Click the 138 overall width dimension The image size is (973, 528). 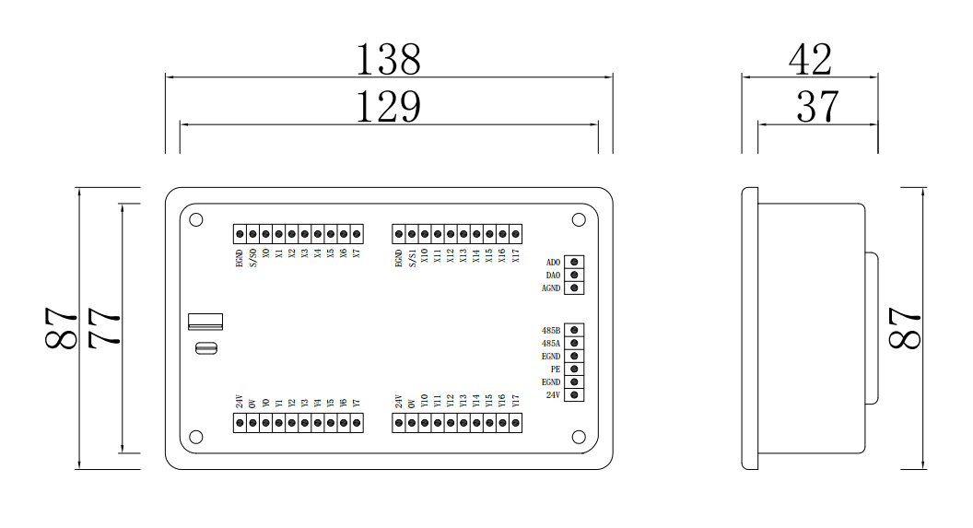(x=388, y=60)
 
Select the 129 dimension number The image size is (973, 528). (x=388, y=107)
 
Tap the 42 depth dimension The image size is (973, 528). (x=810, y=60)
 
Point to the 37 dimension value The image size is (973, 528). (x=817, y=107)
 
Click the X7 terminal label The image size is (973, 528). (x=357, y=253)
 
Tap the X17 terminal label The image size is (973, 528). (x=516, y=255)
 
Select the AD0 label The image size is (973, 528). (x=553, y=263)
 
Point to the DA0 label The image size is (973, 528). (x=553, y=276)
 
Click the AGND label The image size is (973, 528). (x=551, y=288)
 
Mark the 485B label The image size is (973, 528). (x=551, y=330)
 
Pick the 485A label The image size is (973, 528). (x=551, y=343)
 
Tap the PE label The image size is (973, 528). (x=556, y=369)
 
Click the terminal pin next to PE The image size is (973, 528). (x=575, y=369)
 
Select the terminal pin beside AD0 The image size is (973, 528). (x=575, y=263)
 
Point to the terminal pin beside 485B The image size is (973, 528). (x=575, y=330)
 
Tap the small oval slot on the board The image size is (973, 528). (x=205, y=347)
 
